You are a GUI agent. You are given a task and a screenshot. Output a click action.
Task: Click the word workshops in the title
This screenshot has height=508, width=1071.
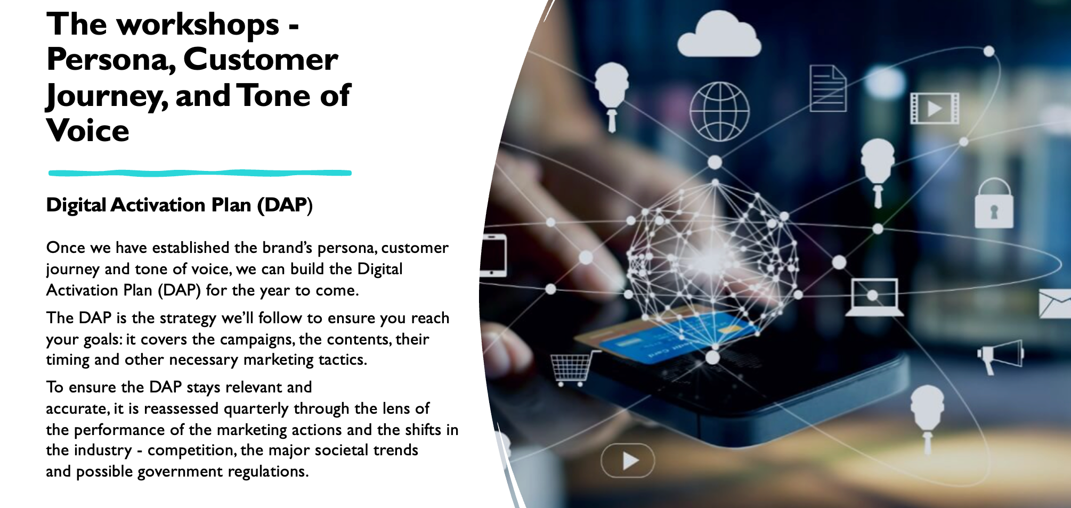click(x=198, y=25)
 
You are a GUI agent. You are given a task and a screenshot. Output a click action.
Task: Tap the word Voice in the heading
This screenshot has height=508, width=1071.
click(x=88, y=130)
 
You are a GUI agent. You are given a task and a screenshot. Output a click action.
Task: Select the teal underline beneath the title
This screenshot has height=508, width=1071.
click(x=200, y=173)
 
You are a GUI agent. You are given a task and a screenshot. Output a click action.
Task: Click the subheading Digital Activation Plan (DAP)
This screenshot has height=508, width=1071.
click(x=180, y=205)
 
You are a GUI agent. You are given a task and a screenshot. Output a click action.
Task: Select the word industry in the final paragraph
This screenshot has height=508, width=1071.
click(x=102, y=450)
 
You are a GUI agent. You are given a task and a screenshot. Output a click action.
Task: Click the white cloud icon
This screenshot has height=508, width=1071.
click(x=719, y=36)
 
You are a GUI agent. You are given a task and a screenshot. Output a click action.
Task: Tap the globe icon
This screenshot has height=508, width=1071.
click(x=719, y=111)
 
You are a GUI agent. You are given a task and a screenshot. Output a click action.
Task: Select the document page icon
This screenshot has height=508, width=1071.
click(x=827, y=88)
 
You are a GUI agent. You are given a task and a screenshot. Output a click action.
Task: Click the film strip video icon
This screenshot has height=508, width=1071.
click(x=935, y=109)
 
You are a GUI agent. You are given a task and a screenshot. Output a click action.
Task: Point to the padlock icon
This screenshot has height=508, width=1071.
click(x=994, y=204)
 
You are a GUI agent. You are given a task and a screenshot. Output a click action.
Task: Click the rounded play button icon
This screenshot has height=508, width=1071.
click(x=628, y=461)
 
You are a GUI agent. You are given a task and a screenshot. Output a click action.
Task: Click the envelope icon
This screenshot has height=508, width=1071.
click(x=1055, y=304)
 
